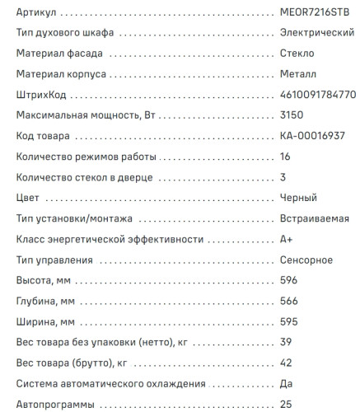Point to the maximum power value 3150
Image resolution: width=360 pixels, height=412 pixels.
coord(292,116)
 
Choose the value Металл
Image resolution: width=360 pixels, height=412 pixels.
coord(297,75)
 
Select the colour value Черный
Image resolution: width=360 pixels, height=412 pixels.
coord(299,199)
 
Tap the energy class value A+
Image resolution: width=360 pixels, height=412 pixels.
coord(288,240)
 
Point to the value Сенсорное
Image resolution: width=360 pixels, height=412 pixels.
coord(306,260)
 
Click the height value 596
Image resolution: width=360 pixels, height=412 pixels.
coord(289,281)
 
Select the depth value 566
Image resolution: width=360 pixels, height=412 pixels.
coord(289,302)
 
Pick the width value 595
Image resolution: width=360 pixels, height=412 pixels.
coord(289,322)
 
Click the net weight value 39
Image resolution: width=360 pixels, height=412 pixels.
coord(287,343)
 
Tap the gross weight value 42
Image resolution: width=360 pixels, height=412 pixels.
coord(287,363)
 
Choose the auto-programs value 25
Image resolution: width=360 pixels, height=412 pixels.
coord(287,405)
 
